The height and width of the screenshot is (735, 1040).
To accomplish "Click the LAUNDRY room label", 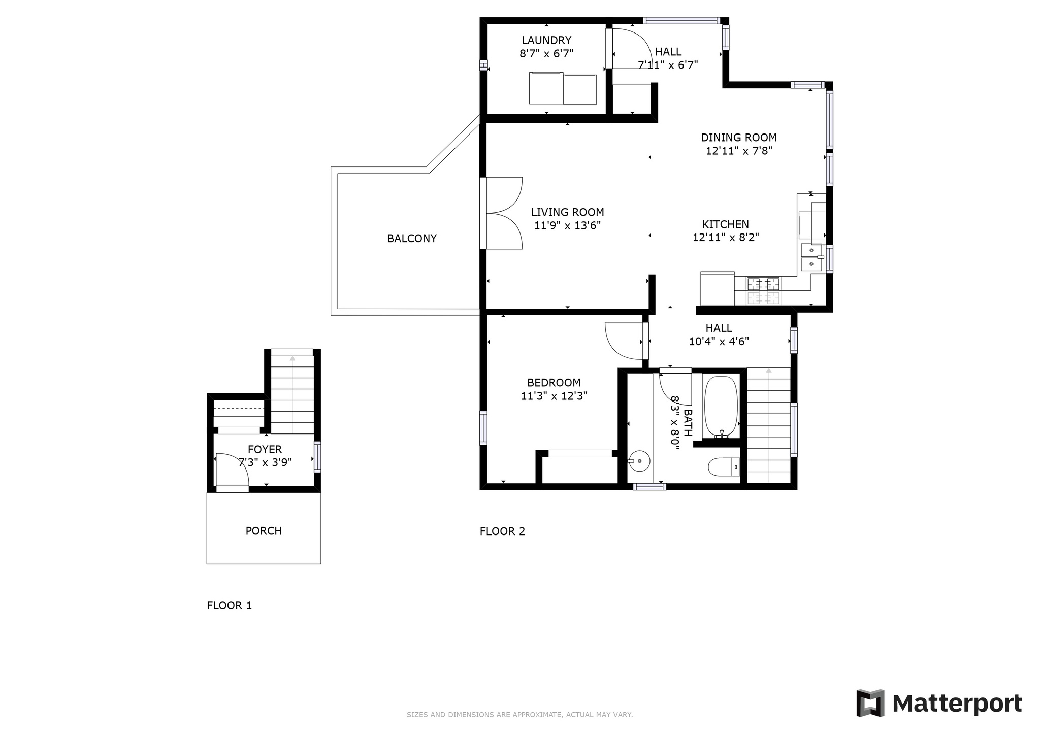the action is coord(546,40).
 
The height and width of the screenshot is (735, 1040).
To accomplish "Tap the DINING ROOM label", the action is coord(739,137).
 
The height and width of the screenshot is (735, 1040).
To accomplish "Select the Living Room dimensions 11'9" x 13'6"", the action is coord(568,225).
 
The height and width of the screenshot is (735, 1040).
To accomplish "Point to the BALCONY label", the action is coord(412,238).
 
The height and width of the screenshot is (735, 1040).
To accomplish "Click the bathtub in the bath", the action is coord(721,407).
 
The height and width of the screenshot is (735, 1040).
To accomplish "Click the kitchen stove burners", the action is coord(763,290).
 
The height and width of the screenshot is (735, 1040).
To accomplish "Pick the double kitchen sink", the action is coord(812,257).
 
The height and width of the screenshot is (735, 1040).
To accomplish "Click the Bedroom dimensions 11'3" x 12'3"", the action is coord(554,396).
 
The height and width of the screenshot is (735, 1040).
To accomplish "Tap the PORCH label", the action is coord(264,531).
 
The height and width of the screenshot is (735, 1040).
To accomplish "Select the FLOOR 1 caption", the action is coord(229,605).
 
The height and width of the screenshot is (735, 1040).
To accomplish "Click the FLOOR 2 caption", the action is coord(502,531).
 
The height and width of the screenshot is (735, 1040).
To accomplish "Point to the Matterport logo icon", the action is coord(870,703).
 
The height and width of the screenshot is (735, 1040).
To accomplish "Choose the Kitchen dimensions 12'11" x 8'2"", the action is coord(726,237).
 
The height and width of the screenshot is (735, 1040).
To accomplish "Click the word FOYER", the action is coord(265,449).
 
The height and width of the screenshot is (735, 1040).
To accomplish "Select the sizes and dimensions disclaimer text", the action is coord(519,715).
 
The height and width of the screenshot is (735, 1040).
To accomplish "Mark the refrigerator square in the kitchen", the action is coord(718,288).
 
